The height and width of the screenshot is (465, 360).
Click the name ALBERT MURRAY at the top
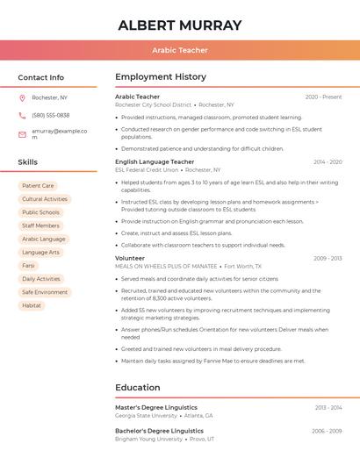(179, 25)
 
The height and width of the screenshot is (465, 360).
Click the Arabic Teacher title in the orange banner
(180, 50)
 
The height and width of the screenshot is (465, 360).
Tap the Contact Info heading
(41, 77)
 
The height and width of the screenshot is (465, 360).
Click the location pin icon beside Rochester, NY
(22, 97)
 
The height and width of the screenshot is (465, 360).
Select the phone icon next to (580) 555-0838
(22, 115)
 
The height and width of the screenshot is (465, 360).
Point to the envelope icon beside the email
(22, 134)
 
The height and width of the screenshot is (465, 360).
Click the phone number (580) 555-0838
(51, 115)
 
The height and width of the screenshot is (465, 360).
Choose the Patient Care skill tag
(38, 186)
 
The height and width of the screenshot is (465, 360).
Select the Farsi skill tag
(29, 265)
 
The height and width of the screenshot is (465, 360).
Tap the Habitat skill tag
(32, 305)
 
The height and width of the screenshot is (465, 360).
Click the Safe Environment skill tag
(45, 292)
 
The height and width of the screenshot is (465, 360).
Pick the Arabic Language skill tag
(44, 239)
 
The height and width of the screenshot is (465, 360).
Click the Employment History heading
(161, 77)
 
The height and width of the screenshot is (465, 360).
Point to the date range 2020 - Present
(323, 97)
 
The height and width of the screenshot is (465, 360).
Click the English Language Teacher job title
(155, 161)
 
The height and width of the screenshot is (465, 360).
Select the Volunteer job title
(130, 258)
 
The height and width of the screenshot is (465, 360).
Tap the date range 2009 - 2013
(327, 258)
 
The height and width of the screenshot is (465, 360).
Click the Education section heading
(138, 388)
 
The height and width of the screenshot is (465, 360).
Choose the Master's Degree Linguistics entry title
(156, 407)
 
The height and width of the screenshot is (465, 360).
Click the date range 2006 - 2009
(326, 431)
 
